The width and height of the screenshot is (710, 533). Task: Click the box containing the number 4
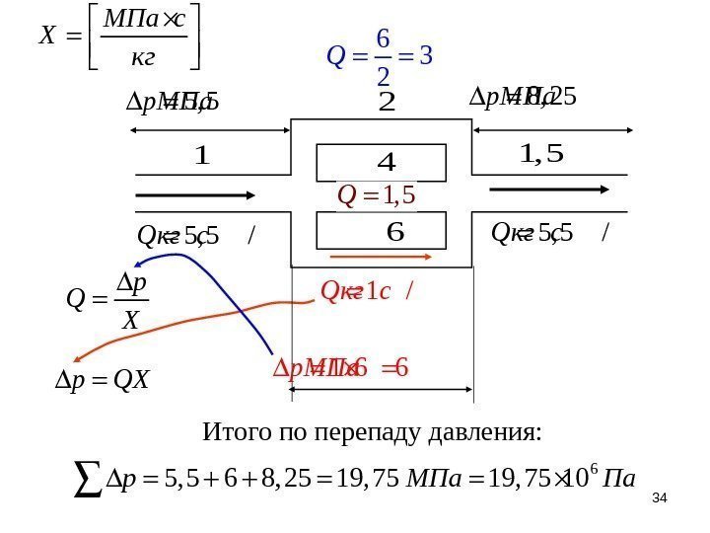(381, 162)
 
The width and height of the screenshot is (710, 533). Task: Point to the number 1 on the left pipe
(202, 155)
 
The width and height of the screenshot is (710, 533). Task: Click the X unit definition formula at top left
(117, 36)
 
